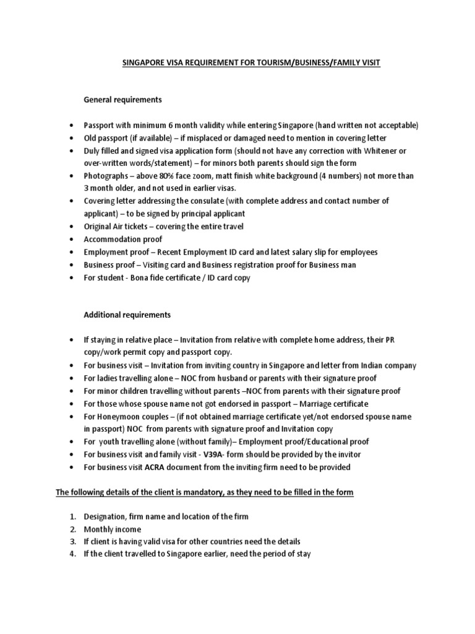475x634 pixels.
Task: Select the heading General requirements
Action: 122,100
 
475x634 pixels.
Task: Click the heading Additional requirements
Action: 127,315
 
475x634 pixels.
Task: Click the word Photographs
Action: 106,176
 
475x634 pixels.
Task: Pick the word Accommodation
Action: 113,239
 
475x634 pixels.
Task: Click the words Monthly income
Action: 113,529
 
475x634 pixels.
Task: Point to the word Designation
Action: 106,517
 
